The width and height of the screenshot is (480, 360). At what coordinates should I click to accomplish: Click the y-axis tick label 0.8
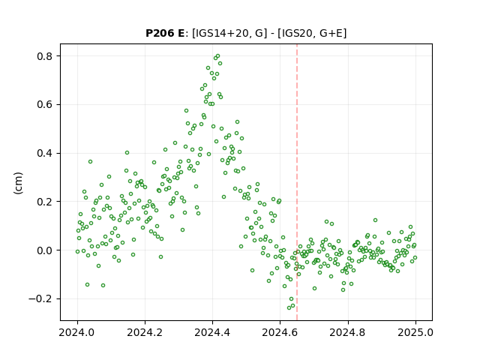(44, 56)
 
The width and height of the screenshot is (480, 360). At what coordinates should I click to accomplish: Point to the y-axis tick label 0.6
(44, 105)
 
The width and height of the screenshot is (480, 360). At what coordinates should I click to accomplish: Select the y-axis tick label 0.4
(44, 153)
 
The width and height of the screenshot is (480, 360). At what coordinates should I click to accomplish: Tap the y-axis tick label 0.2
(44, 202)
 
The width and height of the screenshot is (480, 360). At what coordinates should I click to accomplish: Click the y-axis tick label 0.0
(44, 250)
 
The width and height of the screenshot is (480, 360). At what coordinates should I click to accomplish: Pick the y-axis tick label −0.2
(40, 298)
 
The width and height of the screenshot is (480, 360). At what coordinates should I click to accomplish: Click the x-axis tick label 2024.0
(77, 332)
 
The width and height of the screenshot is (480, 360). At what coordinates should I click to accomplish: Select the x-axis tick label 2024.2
(145, 332)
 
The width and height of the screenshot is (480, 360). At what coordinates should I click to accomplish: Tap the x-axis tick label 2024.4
(212, 332)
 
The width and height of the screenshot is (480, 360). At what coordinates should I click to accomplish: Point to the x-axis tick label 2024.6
(280, 332)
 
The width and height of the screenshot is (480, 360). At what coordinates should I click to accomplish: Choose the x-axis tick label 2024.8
(348, 332)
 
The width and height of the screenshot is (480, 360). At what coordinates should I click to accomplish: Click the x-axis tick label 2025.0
(415, 332)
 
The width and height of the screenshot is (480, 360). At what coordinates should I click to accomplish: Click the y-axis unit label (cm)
(18, 183)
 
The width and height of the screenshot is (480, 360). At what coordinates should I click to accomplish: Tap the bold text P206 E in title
(165, 33)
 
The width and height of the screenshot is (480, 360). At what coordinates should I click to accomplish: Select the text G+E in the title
(331, 33)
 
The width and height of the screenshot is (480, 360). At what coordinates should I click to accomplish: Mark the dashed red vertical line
(297, 182)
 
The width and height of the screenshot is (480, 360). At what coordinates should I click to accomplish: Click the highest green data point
(217, 56)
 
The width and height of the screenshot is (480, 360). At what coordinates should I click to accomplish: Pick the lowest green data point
(289, 307)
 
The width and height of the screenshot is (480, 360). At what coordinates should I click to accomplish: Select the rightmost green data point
(415, 257)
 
